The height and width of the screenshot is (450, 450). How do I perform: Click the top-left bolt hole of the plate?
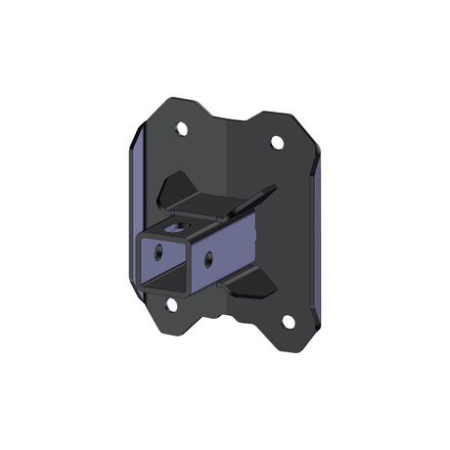181,128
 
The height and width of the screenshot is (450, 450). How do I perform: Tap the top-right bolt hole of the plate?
277,143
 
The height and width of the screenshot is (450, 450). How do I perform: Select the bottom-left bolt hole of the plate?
172,304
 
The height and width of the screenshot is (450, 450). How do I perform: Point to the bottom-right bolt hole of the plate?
288,322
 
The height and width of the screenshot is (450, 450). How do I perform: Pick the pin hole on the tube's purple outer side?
208,258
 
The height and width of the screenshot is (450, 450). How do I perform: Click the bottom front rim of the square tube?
163,291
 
